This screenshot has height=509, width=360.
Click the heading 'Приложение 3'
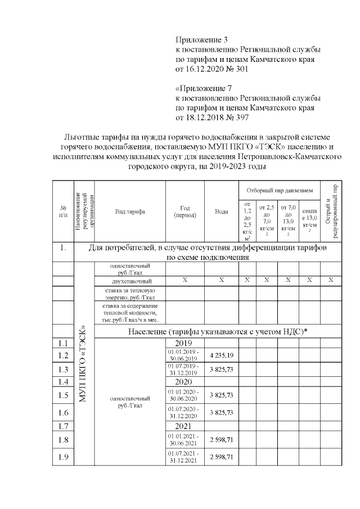(202, 40)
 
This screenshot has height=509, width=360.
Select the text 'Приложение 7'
(203, 88)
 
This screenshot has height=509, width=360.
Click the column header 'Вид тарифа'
(130, 211)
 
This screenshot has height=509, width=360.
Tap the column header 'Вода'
(221, 211)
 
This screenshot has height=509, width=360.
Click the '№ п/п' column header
(63, 211)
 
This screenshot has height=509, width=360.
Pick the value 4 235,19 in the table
(221, 355)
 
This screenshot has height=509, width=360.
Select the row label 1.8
(63, 440)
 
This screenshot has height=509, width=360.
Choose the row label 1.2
(63, 355)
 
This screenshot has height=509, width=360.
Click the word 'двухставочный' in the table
(130, 280)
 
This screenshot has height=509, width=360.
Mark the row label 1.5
(63, 396)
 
